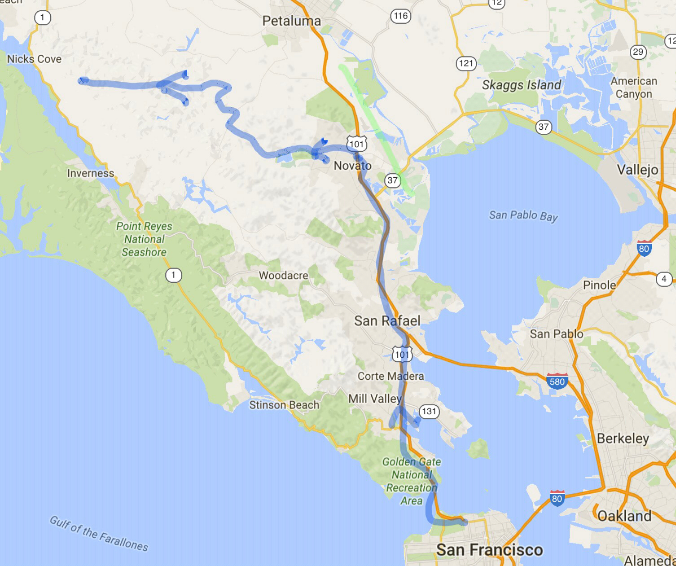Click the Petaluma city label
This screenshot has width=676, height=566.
pos(291,21)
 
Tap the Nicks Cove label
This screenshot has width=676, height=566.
pos(34,59)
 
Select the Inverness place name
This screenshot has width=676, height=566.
pos(91,173)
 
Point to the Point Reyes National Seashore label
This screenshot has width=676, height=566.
pos(144,239)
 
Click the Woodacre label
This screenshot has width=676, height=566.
pos(283,275)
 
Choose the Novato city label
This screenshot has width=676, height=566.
pos(352,166)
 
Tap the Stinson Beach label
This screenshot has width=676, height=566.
pos(284,405)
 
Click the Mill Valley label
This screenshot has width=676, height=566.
pos(375,398)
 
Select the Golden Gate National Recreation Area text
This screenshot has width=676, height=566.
pos(412,481)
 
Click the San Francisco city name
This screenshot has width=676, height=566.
pos(489,550)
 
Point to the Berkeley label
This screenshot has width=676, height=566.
pos(623,438)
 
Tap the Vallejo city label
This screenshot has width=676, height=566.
pos(637,170)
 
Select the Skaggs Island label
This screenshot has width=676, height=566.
pos(522,85)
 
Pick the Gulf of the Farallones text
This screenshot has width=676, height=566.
pos(99,533)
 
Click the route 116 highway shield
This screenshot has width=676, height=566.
pos(400,16)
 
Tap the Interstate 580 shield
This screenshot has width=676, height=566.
pos(557,381)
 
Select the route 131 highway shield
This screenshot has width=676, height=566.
pos(429,411)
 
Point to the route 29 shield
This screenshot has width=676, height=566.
pos(637,52)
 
